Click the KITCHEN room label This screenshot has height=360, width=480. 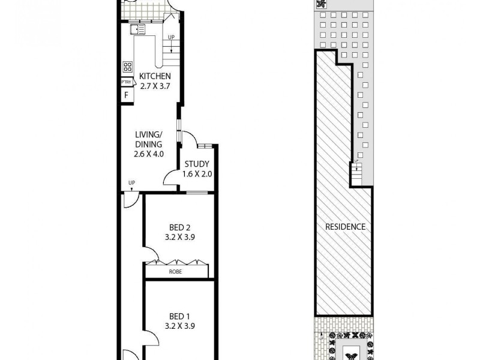(155, 76)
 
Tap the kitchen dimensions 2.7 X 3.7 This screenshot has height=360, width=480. (155, 85)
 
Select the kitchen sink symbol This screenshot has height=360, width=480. (138, 29)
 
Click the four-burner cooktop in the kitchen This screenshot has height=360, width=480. (127, 67)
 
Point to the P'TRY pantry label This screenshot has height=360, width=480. (127, 83)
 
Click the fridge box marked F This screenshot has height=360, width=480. (127, 95)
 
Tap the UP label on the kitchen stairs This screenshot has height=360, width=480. (172, 37)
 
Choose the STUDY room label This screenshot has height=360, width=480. (197, 165)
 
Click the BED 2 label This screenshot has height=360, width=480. (179, 227)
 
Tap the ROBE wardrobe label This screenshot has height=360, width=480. (176, 272)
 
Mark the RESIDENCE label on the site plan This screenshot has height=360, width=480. (345, 227)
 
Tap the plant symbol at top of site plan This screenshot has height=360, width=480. (322, 4)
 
